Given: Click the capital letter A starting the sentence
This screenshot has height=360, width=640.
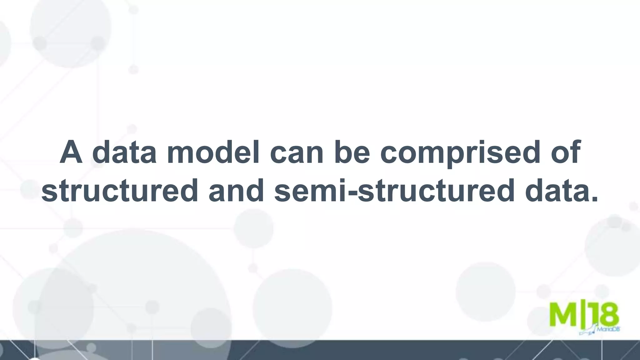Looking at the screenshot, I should coord(71,152).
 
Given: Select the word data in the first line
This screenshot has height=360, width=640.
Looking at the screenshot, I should coord(124,152).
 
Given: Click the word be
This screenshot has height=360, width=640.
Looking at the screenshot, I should coord(352,152).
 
